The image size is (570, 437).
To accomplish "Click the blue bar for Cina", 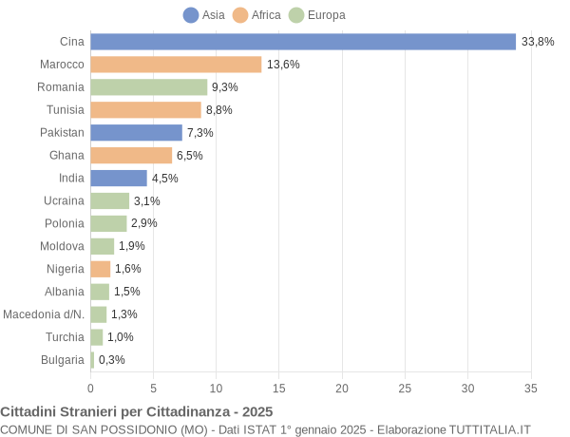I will (303, 42).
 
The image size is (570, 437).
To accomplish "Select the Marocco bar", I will (176, 65).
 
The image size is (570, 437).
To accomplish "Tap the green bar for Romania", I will (149, 87).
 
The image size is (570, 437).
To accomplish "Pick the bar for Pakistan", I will (136, 133).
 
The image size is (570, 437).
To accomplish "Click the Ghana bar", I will (131, 155).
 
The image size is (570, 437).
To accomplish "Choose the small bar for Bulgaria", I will (92, 360).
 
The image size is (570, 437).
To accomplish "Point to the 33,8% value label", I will (538, 42).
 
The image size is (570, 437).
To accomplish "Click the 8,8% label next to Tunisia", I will (219, 110).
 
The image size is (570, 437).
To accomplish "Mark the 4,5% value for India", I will (165, 179).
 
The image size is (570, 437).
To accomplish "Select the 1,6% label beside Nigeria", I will (128, 269).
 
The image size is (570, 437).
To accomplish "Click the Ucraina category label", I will (64, 200).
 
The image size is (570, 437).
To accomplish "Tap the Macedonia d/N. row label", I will (44, 314).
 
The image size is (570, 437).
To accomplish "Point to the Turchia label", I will (65, 337).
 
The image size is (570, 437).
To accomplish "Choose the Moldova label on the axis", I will (63, 246).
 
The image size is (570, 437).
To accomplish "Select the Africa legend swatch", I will (240, 15).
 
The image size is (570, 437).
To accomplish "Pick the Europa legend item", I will (317, 15).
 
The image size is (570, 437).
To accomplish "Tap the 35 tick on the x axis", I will (530, 388).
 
